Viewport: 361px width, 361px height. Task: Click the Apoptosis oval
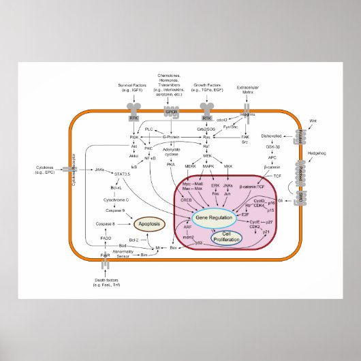(x=148, y=223)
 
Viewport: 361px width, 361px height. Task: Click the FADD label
(x=106, y=238)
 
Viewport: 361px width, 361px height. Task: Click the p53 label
(x=199, y=242)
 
